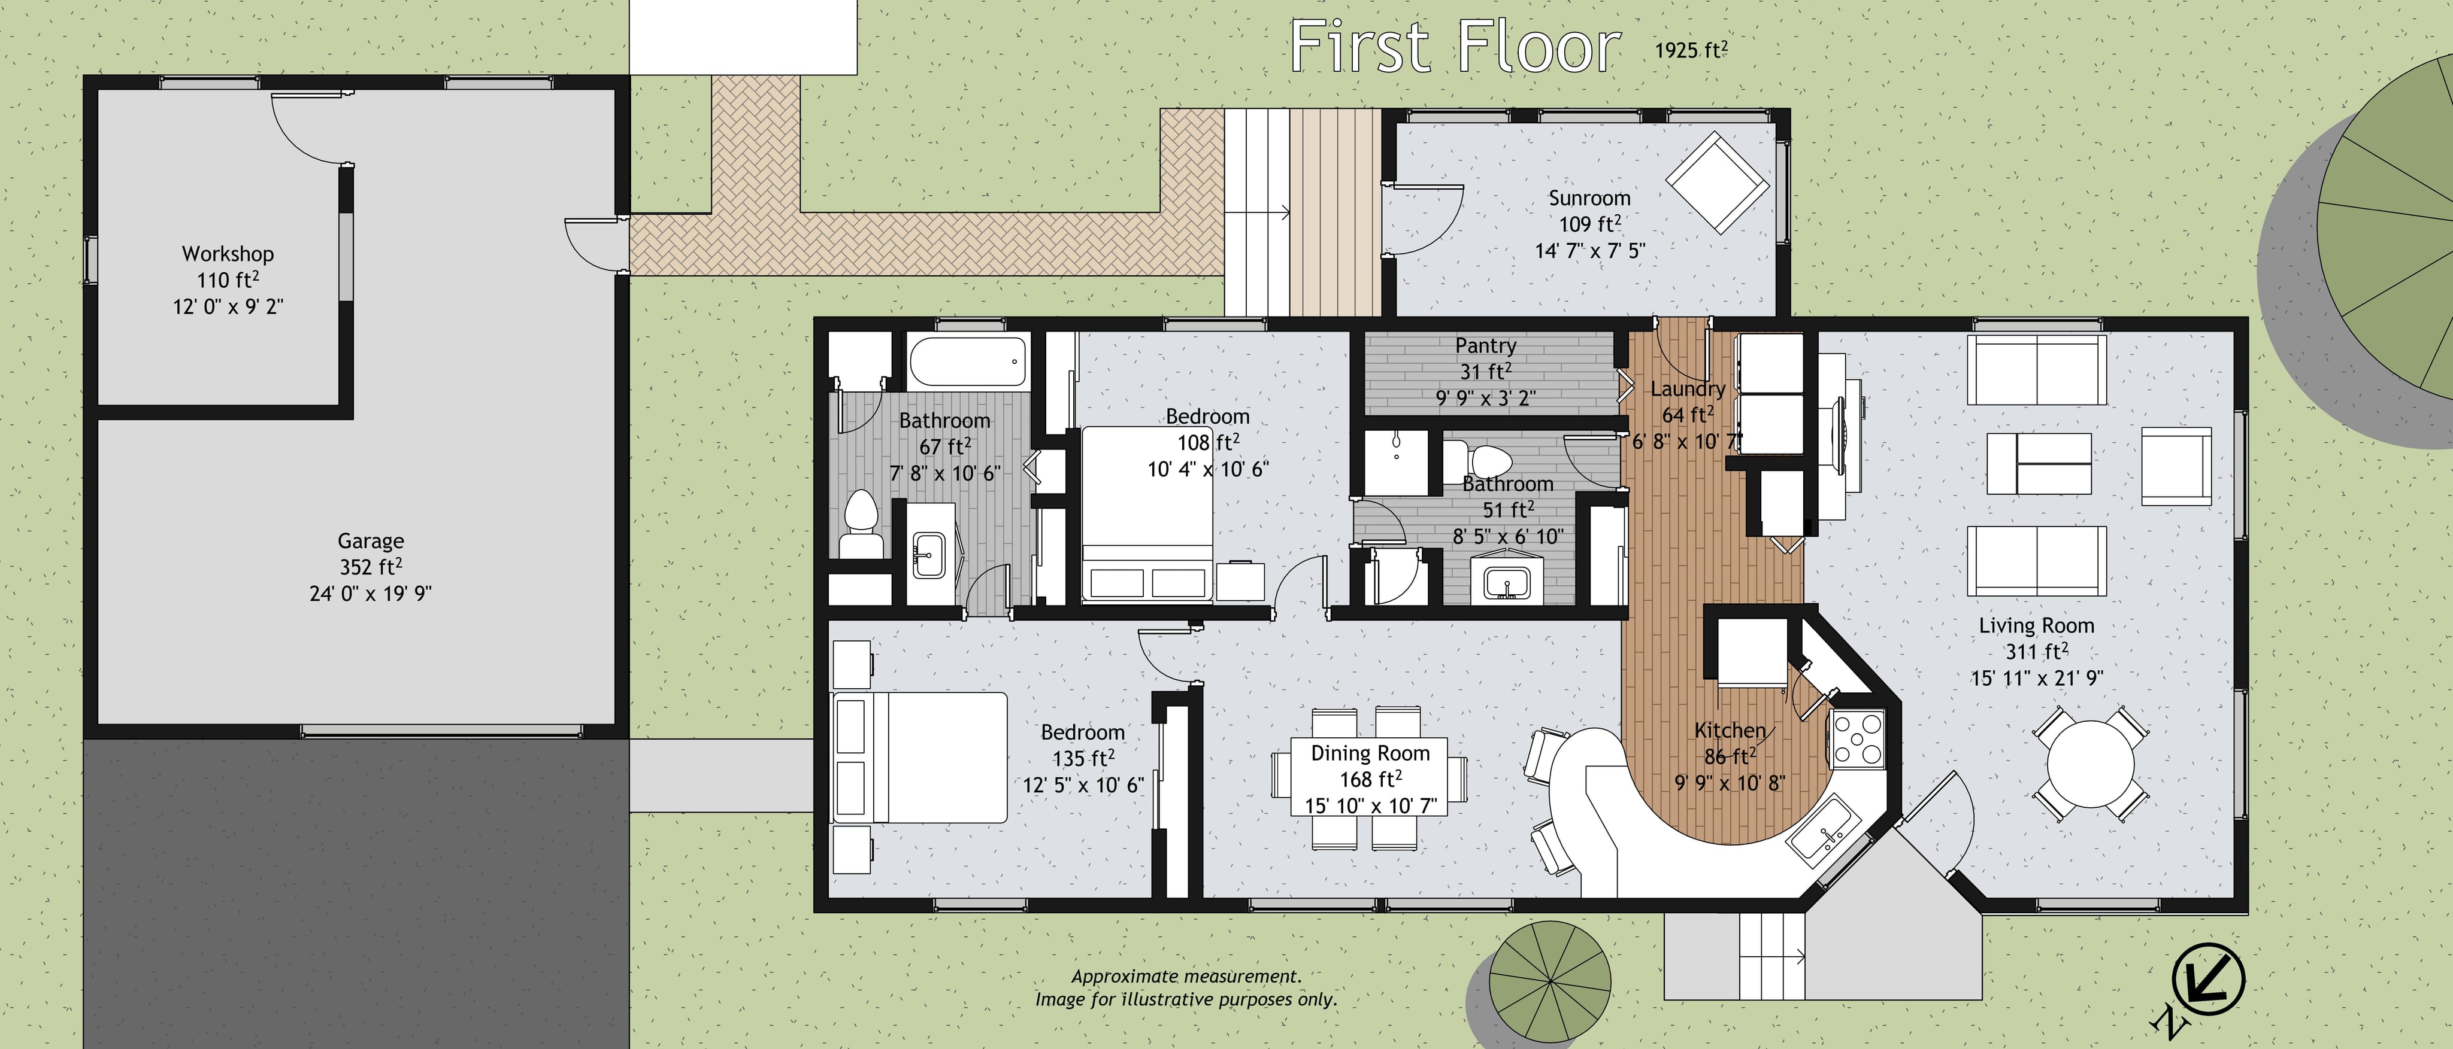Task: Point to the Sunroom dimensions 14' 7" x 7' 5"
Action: pos(1589,250)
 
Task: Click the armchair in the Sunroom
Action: pos(1711,183)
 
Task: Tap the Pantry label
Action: pos(1485,345)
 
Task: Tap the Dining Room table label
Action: pos(1370,753)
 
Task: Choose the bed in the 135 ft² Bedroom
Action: pos(920,757)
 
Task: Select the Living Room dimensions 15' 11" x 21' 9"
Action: pos(2037,678)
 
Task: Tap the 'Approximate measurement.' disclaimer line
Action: pos(1186,976)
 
